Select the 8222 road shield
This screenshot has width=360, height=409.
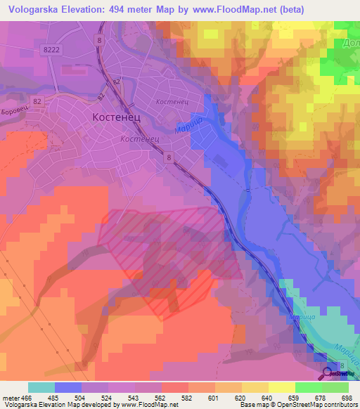pos(51,49)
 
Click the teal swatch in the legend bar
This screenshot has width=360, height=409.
pos(41,387)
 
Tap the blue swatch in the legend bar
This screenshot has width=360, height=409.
pos(67,387)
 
